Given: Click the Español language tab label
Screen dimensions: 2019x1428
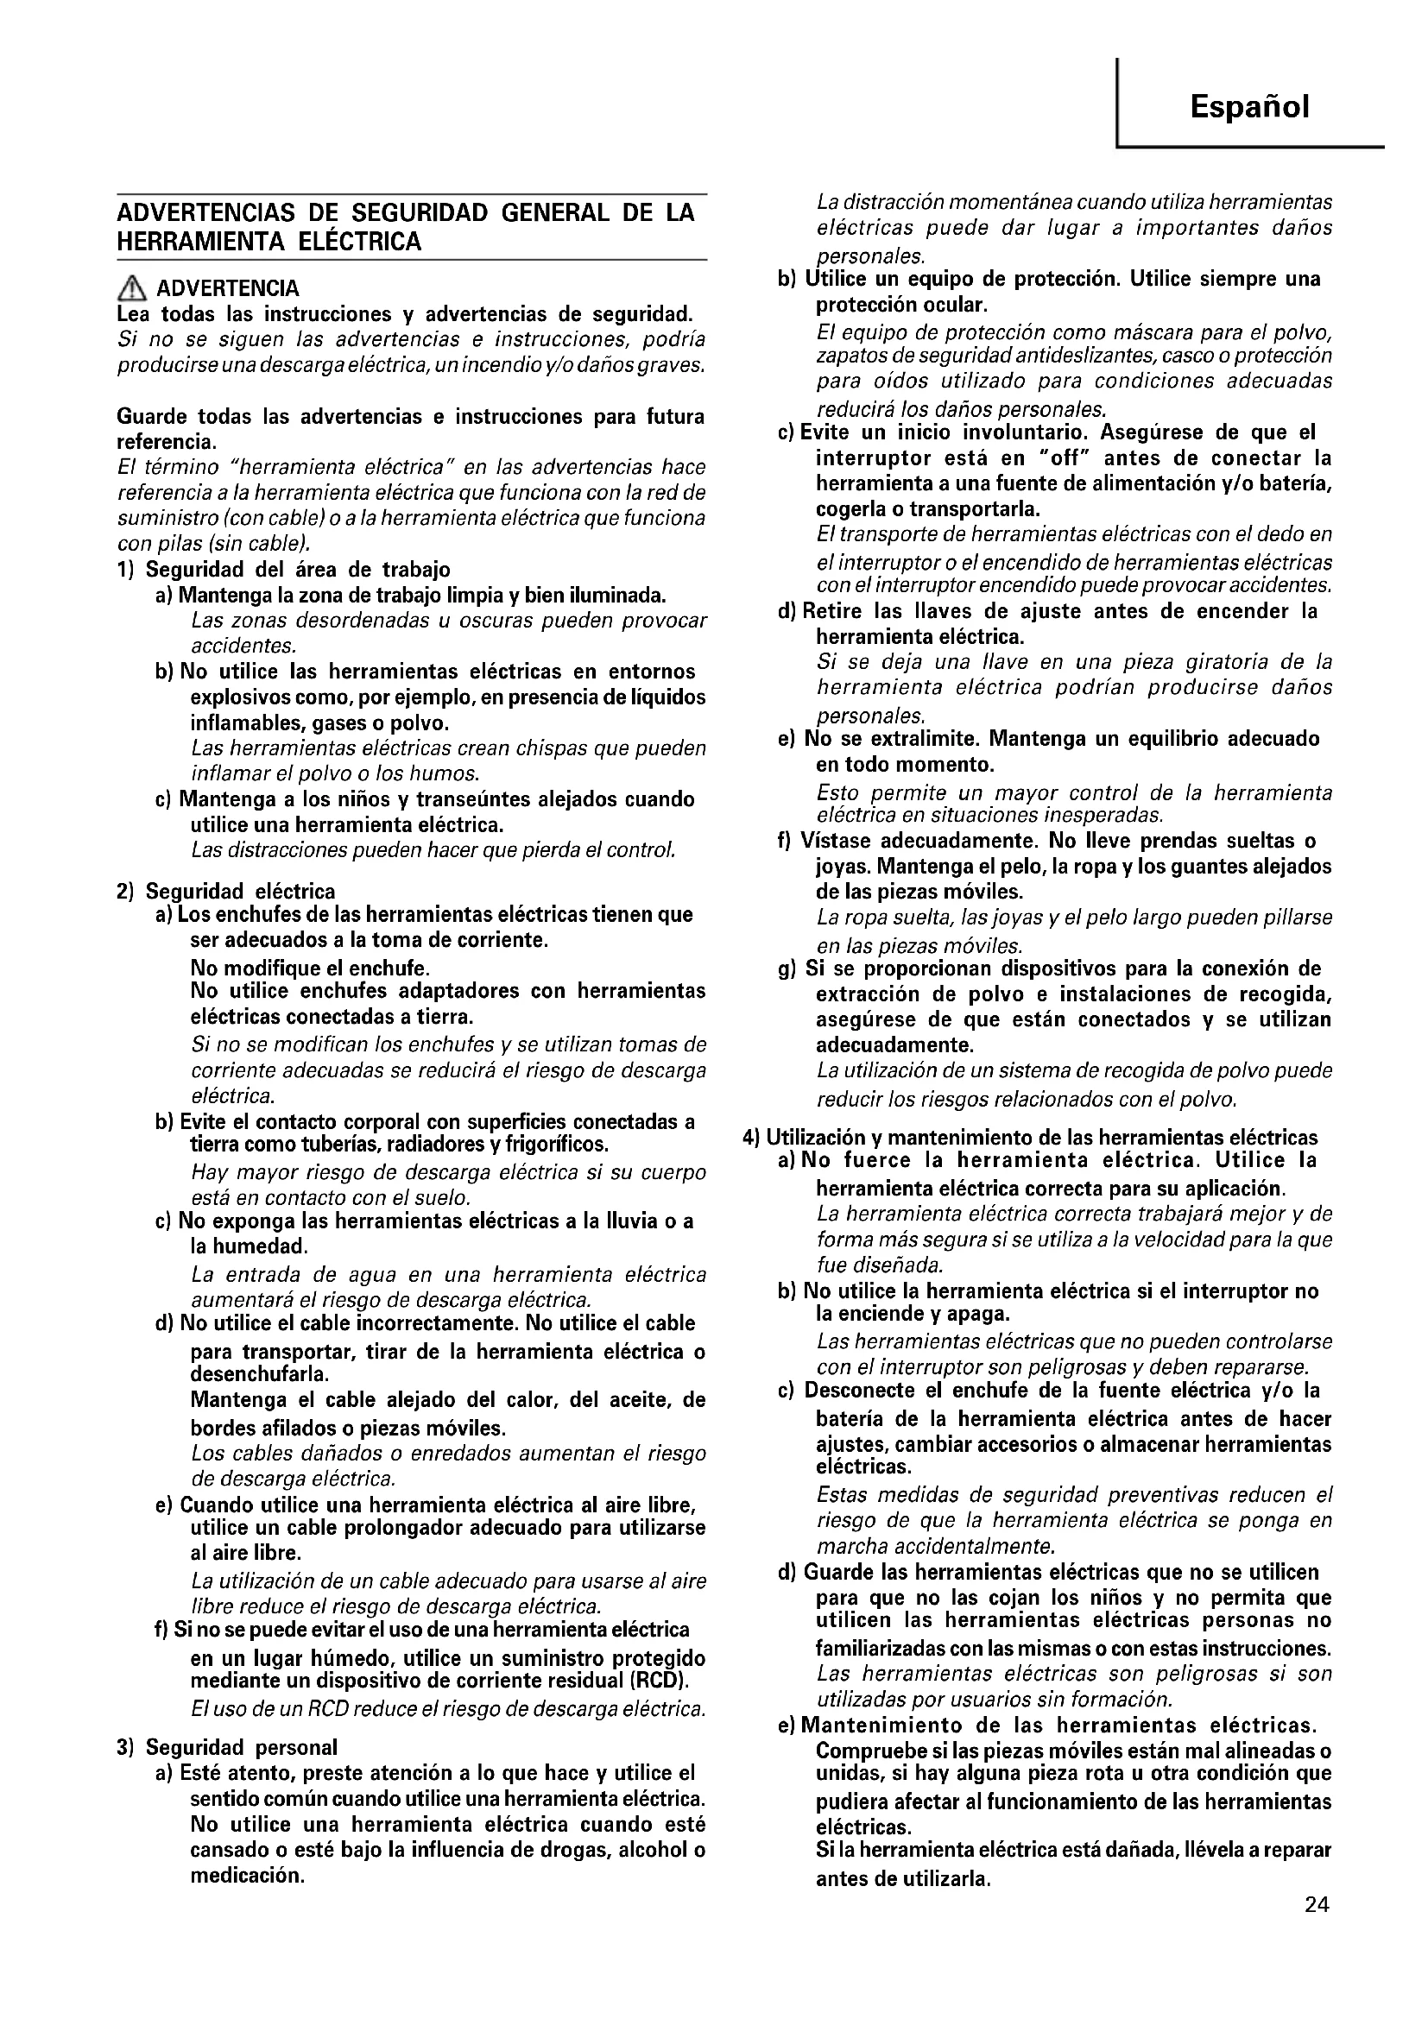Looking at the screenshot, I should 1248,107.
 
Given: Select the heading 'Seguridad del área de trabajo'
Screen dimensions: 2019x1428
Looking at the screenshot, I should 297,569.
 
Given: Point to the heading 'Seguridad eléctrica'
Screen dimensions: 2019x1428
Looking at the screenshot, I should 240,892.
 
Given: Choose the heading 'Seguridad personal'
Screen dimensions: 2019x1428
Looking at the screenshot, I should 241,1746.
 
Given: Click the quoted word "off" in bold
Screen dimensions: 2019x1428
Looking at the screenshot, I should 1060,458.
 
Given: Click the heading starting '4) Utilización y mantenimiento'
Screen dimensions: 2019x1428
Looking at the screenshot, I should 1030,1137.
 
